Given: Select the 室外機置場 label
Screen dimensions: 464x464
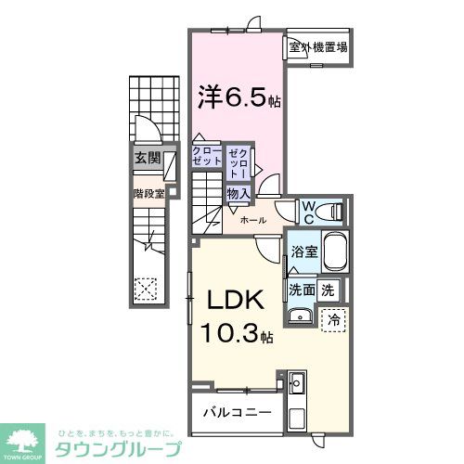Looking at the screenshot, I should click(317, 47).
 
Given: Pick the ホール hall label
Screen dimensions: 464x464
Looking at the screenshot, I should click(253, 220).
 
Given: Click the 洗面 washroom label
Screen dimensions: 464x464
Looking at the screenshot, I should click(301, 290).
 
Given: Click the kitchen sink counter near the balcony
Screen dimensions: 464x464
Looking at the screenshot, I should click(298, 382).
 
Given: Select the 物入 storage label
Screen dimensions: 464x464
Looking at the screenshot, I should click(238, 194).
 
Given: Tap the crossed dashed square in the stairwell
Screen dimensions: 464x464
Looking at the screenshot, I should click(146, 287).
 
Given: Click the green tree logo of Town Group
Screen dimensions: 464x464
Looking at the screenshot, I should click(29, 437).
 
